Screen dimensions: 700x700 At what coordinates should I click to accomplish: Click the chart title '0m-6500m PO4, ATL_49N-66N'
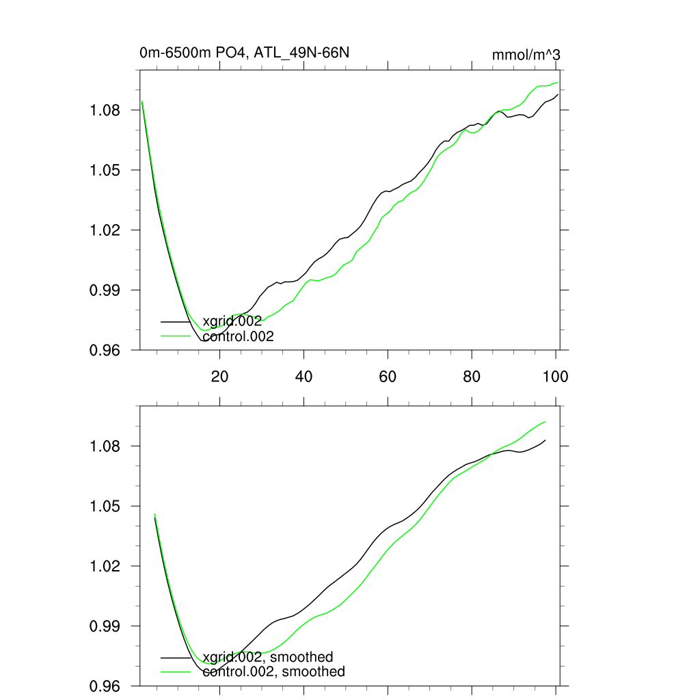coord(245,53)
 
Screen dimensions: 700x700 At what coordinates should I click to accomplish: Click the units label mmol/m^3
coord(526,55)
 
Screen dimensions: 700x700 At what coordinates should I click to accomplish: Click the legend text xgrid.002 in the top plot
coord(232,321)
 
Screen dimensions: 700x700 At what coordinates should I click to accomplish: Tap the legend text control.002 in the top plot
coord(239,336)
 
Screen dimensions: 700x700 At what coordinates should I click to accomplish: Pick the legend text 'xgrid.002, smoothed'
coord(268,658)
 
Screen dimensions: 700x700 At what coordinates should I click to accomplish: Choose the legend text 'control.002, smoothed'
coord(274,672)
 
